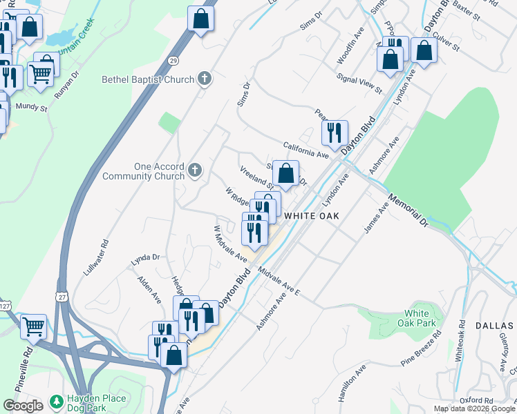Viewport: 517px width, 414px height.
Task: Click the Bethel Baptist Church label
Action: tap(148, 79)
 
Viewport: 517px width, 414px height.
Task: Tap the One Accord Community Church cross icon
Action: tap(196, 170)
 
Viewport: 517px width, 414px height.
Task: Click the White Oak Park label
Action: tap(420, 318)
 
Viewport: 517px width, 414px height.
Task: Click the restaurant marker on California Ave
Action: tap(335, 132)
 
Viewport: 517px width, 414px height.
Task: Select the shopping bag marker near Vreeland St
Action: tap(285, 172)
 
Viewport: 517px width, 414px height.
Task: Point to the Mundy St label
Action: tap(32, 108)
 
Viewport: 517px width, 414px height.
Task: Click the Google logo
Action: tap(23, 405)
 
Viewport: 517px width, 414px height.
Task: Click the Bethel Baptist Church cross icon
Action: tap(204, 79)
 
